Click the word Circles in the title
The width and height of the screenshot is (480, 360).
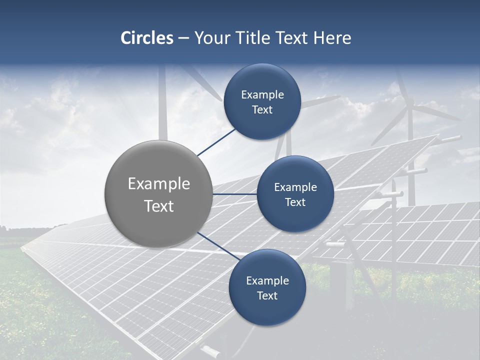coord(146,38)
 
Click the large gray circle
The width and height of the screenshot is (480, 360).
coord(158,194)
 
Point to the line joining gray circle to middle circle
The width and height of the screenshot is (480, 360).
coord(234,194)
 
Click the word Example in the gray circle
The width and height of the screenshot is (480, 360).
coord(159,184)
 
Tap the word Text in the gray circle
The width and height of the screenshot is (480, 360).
coord(159,206)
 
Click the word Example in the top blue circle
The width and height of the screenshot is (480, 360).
coord(262,94)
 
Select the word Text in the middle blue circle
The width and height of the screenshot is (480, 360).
coord(295,202)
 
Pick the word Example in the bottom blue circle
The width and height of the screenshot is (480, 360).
coord(267,280)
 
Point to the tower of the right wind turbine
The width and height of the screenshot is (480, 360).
coord(410,165)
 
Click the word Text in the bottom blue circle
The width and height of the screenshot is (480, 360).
coord(267,295)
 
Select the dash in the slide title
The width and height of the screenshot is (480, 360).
coord(183,38)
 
